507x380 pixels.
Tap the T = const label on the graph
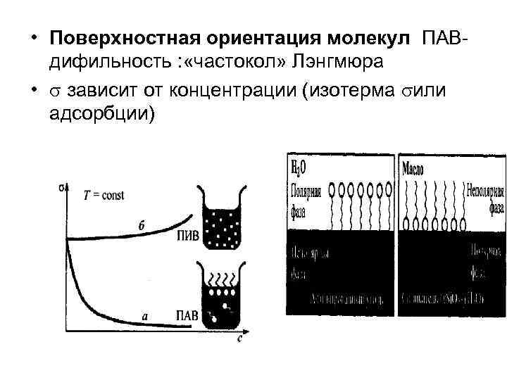pyautogui.click(x=104, y=196)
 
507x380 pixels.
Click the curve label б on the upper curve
pyautogui.click(x=142, y=226)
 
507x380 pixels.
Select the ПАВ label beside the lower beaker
pyautogui.click(x=186, y=315)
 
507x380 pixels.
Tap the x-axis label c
pyautogui.click(x=240, y=338)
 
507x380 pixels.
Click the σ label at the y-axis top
pyautogui.click(x=62, y=186)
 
